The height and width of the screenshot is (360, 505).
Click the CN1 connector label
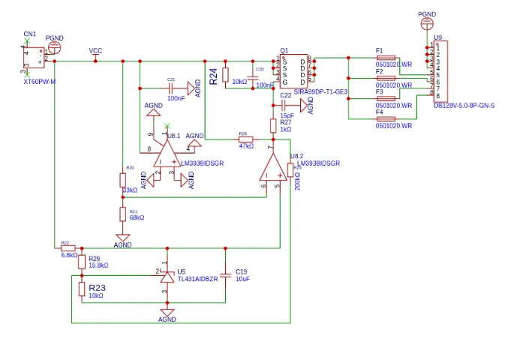29,34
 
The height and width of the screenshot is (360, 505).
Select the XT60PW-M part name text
40,80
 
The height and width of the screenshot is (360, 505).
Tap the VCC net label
95,51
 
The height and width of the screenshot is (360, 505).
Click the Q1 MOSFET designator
284,51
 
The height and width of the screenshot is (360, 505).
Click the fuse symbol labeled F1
386,58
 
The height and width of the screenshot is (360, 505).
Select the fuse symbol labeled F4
386,118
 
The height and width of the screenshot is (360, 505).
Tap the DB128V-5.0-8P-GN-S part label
464,106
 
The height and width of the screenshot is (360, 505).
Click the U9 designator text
437,37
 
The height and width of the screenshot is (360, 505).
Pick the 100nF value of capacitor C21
176,98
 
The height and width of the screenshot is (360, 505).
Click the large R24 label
214,76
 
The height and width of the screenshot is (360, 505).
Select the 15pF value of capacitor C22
287,115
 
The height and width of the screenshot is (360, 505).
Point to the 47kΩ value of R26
245,146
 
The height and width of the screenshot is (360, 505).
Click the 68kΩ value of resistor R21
137,217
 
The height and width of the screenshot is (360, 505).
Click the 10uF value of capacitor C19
242,278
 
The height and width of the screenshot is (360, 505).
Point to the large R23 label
97,287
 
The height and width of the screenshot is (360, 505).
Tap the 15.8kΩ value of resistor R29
99,265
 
